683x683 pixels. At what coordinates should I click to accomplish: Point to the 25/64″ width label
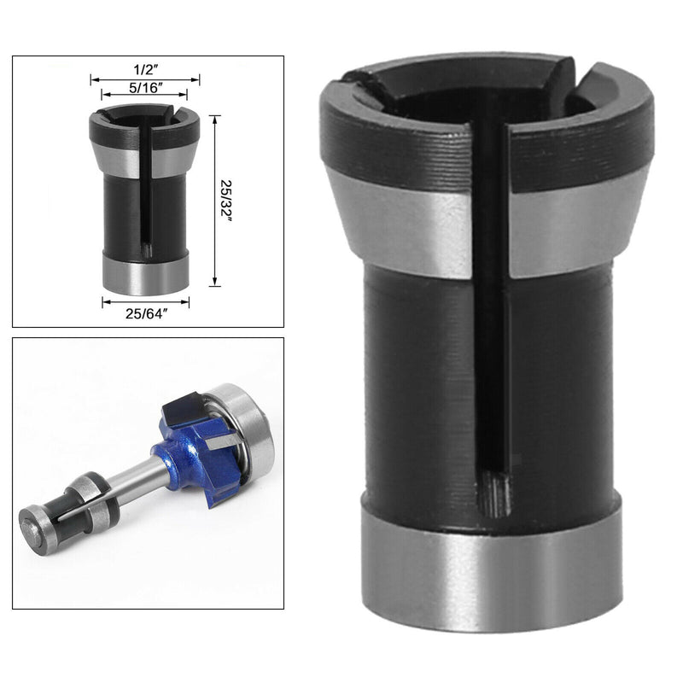click(x=145, y=314)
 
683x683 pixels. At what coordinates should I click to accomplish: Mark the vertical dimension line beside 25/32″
click(x=215, y=201)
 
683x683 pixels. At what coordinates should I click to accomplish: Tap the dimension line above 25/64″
click(x=145, y=301)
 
